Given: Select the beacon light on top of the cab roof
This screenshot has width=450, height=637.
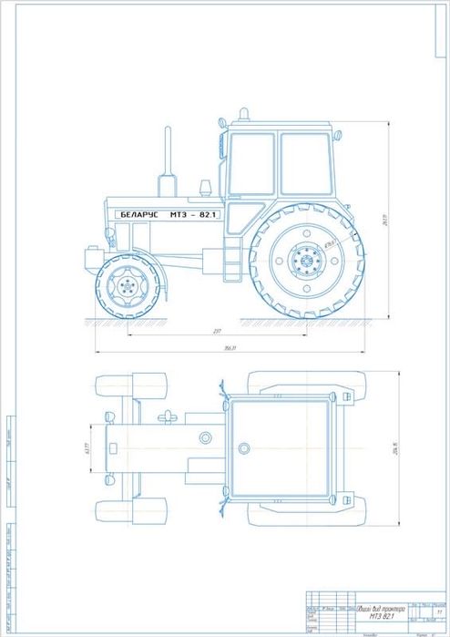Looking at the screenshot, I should [x=243, y=115].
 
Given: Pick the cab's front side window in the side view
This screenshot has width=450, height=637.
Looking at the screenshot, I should [x=252, y=164].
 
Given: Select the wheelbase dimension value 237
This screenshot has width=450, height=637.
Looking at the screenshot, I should [x=216, y=331].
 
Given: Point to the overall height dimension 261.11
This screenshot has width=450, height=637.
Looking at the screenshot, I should [x=385, y=220].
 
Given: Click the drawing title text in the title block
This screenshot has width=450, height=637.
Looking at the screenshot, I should [x=382, y=615].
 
